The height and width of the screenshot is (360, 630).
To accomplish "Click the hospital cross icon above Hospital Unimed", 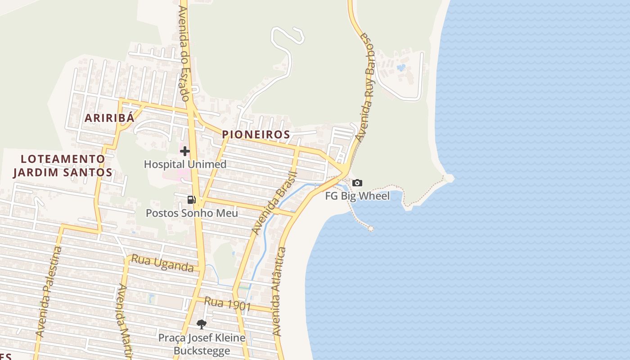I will (x=184, y=151).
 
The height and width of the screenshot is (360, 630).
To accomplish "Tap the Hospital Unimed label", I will (x=185, y=164).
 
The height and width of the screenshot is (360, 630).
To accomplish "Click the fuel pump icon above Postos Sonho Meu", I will (x=191, y=200).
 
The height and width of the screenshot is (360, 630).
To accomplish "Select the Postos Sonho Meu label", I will (x=192, y=213).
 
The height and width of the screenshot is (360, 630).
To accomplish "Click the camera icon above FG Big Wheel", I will (x=357, y=183).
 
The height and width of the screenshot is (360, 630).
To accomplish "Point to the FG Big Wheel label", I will (x=357, y=196).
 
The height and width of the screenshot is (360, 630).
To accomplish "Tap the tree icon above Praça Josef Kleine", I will (x=202, y=324).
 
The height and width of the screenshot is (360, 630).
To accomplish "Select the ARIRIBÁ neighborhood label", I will (x=110, y=118).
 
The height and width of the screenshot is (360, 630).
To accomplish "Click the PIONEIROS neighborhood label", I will (x=256, y=135).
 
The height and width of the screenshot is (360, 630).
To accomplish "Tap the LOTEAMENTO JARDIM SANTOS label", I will (x=63, y=166).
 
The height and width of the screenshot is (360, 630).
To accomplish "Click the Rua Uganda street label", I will (x=162, y=264).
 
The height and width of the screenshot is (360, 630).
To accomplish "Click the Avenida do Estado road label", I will (x=183, y=53).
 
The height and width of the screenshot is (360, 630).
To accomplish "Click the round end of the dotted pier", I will (x=371, y=229).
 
